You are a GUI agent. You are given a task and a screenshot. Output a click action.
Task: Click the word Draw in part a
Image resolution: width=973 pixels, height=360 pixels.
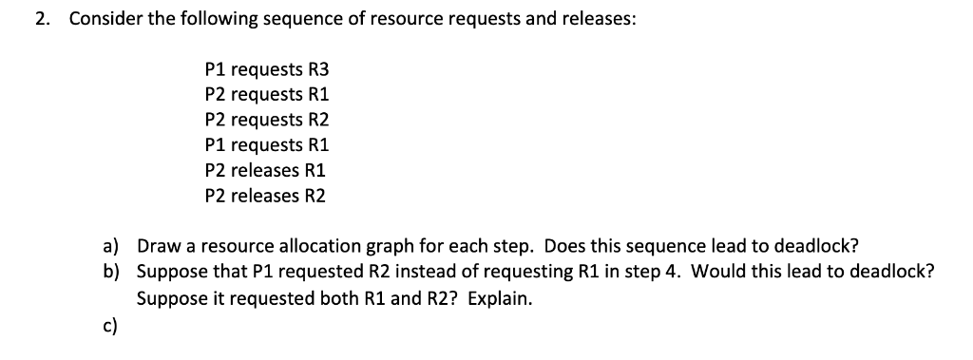click(x=158, y=246)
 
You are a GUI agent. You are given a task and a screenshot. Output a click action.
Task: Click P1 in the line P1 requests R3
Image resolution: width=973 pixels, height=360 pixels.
click(x=215, y=69)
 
